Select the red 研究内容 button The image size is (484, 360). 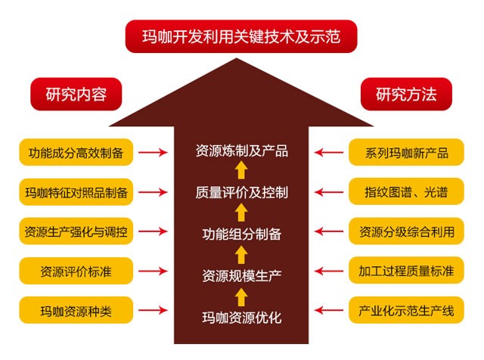tap(76, 95)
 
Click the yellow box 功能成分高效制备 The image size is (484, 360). tap(76, 153)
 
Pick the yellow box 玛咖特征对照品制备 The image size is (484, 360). tap(76, 192)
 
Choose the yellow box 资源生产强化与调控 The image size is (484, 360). tap(76, 231)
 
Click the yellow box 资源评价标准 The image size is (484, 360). tap(76, 270)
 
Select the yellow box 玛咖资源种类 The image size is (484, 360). tap(76, 309)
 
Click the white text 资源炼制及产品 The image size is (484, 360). tap(241, 151)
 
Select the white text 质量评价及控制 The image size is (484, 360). tap(241, 192)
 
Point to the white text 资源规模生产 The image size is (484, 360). tap(241, 275)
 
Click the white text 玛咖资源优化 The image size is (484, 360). tap(241, 316)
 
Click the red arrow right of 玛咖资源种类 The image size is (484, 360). tap(154, 309)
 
